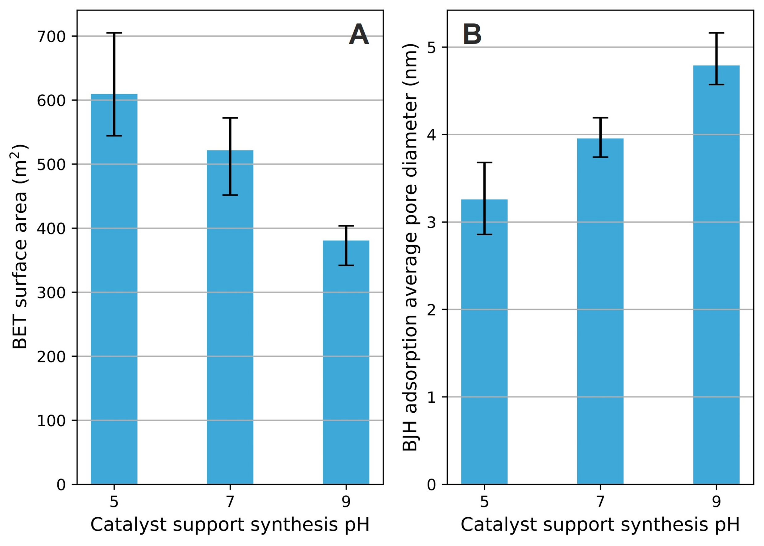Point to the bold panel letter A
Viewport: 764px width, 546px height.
pos(359,35)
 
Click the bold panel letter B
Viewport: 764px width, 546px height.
pos(472,35)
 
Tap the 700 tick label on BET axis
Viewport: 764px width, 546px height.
pos(51,37)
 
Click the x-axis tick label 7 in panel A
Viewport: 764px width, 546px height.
pos(230,502)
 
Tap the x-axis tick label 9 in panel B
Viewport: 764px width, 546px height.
pos(716,502)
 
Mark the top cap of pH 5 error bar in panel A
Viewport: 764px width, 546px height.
pos(114,33)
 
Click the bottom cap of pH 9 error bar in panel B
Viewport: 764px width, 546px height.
pos(716,84)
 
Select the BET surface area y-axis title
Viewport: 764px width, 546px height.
pos(19,247)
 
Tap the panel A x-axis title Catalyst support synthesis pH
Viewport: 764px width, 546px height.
pos(230,525)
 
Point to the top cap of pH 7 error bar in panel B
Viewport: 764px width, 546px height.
pos(600,118)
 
